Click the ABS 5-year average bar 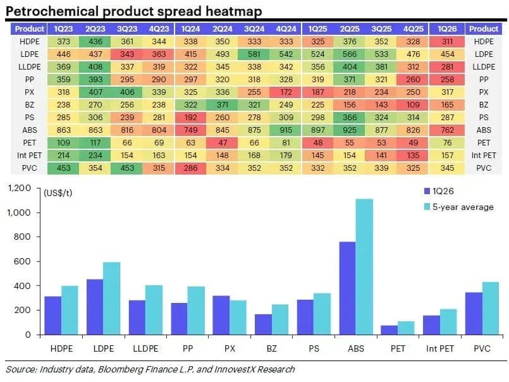364,267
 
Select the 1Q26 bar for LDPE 95,307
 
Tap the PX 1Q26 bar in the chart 221,315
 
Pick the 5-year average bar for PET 407,328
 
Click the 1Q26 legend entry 439,191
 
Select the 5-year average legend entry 459,207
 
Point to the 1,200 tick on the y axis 19,188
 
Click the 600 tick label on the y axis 22,261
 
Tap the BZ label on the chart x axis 272,348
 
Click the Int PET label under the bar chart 440,348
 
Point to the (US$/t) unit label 58,193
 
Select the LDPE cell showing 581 254,54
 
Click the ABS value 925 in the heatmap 350,130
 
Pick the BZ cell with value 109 414,105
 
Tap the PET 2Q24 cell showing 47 223,143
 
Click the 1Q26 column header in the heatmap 447,29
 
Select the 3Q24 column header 254,29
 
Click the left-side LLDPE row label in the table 30,67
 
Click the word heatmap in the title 234,11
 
